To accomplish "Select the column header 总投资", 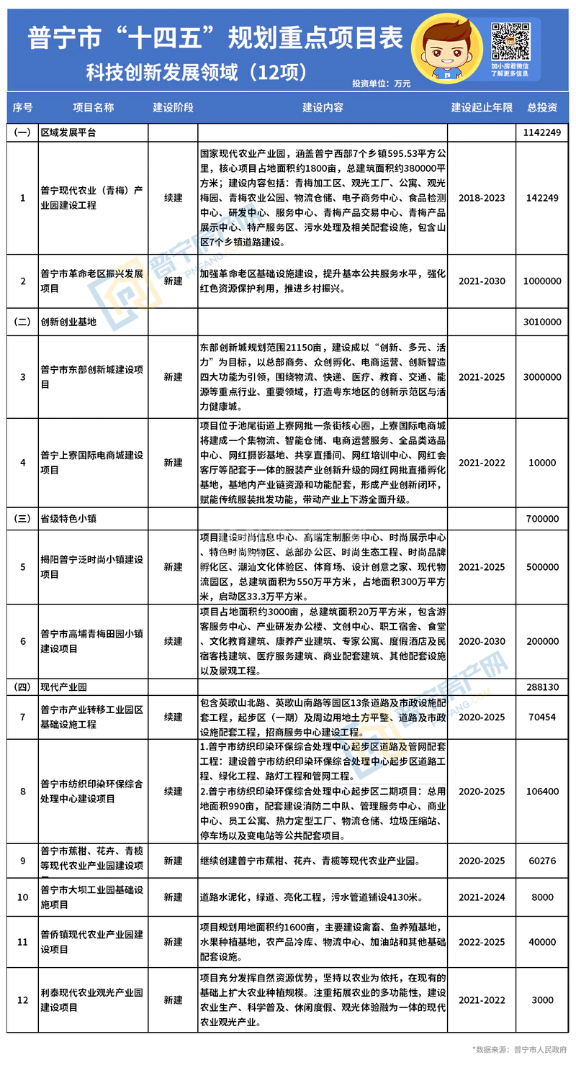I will [x=542, y=108].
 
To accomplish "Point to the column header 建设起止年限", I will [x=482, y=108].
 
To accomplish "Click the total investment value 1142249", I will [x=542, y=133].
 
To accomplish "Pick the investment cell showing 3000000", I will [x=542, y=376].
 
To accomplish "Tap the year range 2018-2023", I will [x=482, y=198].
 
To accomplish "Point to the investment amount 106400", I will [x=542, y=791].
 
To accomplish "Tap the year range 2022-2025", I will [x=482, y=941].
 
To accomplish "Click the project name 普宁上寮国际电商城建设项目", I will [x=92, y=462].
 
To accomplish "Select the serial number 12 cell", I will [x=23, y=1000].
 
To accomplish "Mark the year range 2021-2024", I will [x=482, y=897].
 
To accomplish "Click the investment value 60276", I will [x=542, y=861].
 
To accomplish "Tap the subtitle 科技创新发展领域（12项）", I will [x=198, y=72].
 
